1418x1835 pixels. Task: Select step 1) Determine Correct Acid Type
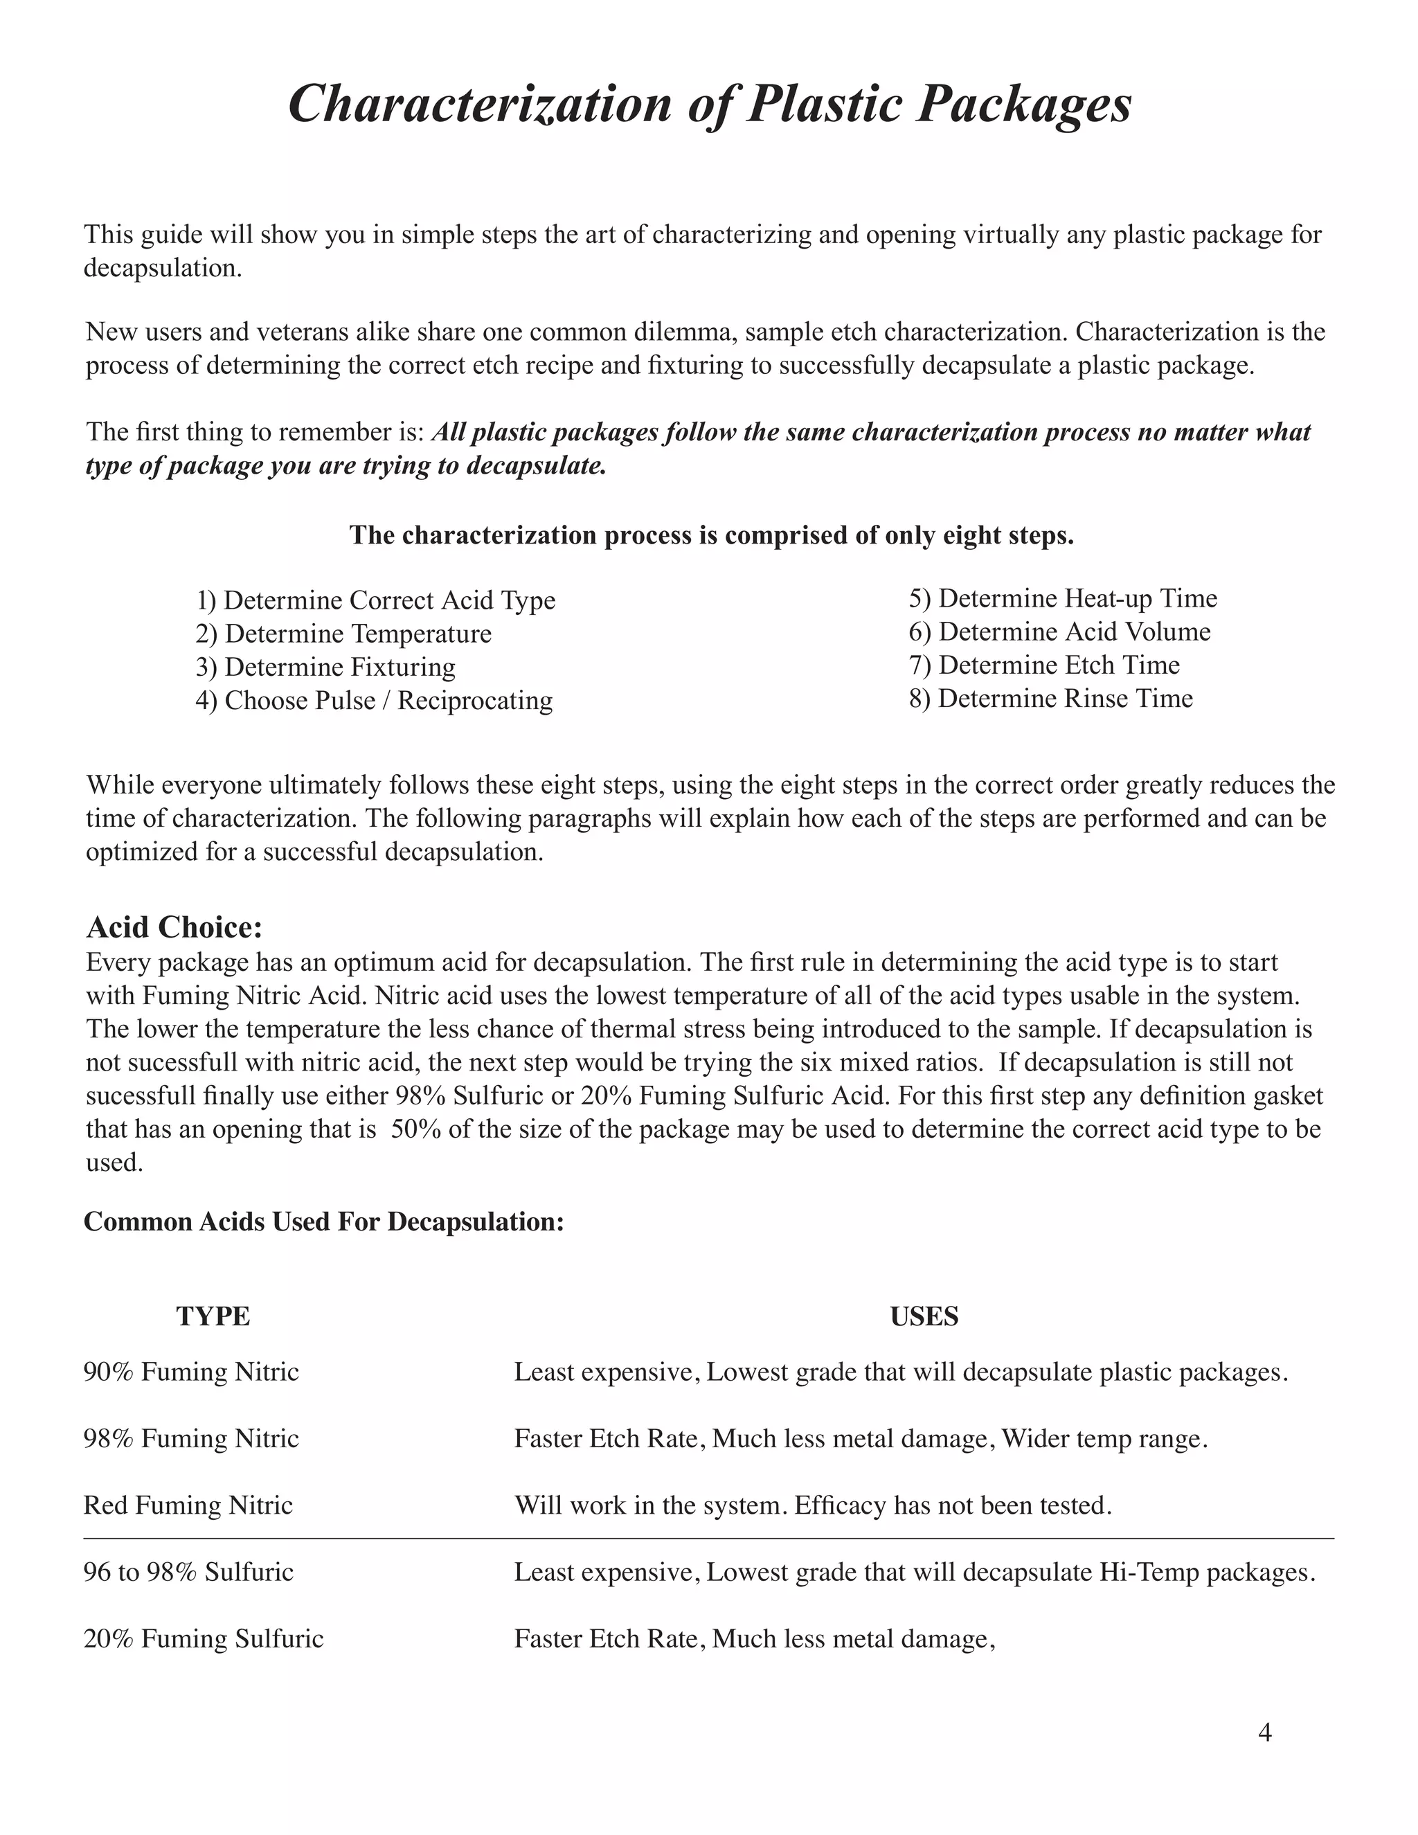(375, 601)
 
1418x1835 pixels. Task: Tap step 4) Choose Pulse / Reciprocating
(374, 701)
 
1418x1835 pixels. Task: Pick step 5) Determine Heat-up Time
(1063, 599)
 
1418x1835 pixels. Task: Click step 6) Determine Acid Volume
(1059, 632)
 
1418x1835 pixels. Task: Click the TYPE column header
(213, 1316)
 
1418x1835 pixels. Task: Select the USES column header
(924, 1316)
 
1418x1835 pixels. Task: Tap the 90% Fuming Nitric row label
(192, 1372)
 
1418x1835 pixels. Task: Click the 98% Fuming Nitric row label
(192, 1438)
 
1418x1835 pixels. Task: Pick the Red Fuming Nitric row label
(188, 1505)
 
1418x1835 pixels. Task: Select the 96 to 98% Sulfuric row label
(188, 1572)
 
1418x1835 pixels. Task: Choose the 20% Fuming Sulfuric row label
(204, 1638)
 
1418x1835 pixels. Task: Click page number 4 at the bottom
(1265, 1733)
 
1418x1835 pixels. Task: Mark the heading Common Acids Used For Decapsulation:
(323, 1221)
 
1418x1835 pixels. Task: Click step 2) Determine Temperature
(343, 634)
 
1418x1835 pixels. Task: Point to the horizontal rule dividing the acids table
(709, 1539)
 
